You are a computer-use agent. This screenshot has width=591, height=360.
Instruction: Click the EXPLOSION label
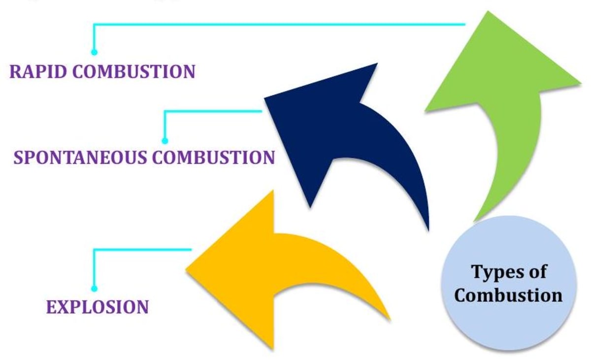97,307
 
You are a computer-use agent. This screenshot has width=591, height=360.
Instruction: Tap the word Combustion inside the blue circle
508,295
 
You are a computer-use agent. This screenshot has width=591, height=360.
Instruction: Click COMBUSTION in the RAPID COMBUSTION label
134,72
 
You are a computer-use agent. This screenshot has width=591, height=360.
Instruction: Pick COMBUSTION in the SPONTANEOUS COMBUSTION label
213,158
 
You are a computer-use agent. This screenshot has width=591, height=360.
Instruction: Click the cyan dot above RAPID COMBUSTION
94,52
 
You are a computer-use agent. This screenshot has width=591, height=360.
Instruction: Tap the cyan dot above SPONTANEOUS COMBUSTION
165,141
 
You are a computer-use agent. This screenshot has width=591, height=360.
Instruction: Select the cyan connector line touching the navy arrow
212,111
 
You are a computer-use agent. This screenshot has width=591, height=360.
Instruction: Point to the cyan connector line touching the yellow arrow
143,250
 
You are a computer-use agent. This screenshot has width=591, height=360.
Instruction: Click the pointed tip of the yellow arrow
187,268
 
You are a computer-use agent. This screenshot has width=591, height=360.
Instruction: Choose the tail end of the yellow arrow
387,315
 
